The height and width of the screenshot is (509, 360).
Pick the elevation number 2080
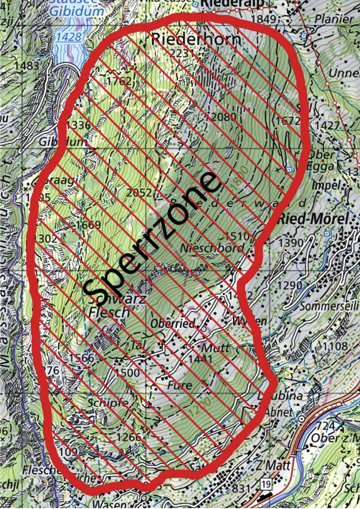pos(224,117)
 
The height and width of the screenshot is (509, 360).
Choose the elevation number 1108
pos(334,346)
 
